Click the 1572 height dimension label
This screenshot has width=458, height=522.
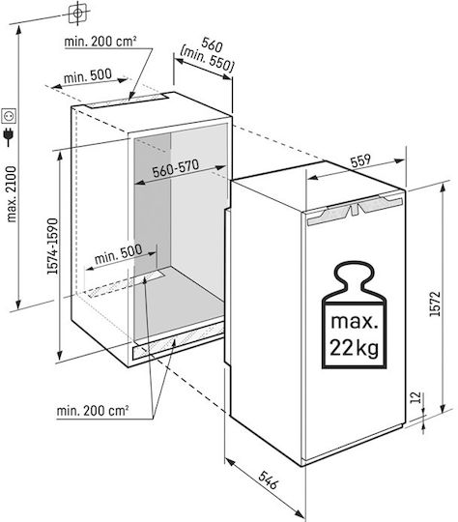click(435, 304)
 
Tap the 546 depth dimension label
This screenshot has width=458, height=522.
click(268, 480)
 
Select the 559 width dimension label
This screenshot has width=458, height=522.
click(360, 160)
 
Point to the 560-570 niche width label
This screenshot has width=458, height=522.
click(176, 168)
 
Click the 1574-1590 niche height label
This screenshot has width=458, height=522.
click(52, 246)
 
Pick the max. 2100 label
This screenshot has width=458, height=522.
click(11, 194)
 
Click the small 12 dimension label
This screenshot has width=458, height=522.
click(415, 397)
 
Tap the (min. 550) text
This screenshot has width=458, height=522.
click(207, 59)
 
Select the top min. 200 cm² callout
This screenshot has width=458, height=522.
click(100, 42)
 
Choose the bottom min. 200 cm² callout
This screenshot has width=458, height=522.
click(93, 411)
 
